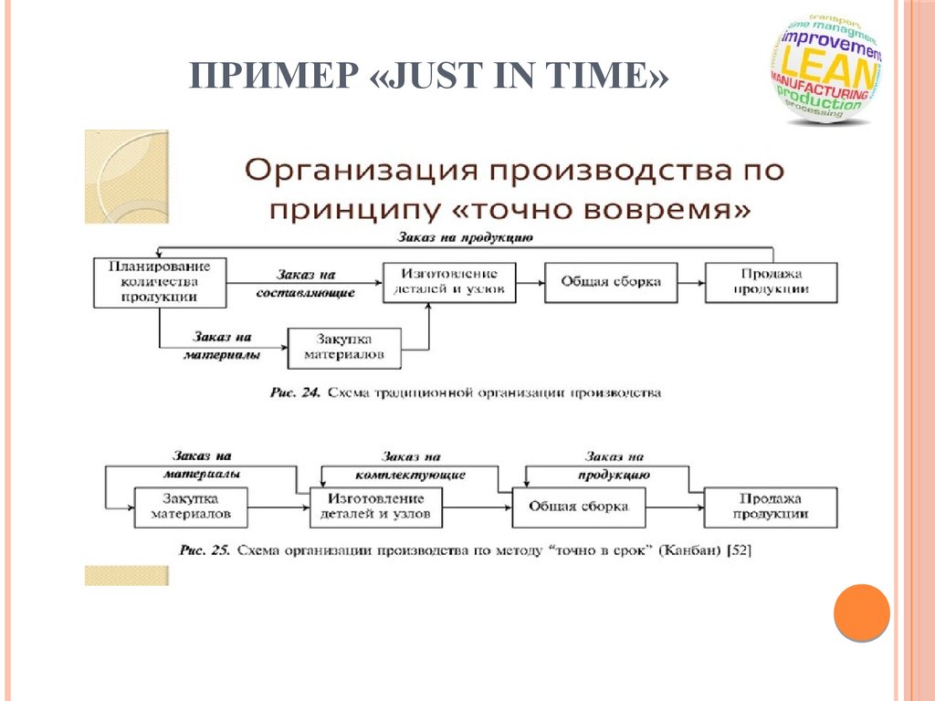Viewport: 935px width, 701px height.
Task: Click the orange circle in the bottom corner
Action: pos(861,612)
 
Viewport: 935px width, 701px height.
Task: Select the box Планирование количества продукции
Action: pos(160,282)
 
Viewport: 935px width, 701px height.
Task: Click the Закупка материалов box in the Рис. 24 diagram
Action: pos(343,348)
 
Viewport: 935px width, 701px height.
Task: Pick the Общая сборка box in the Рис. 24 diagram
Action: pos(610,282)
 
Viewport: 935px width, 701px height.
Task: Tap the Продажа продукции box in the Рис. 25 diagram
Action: pos(770,507)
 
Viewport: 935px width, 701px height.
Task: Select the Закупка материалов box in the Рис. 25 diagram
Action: pos(191,507)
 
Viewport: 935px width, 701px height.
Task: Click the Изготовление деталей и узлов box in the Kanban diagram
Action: pos(376,507)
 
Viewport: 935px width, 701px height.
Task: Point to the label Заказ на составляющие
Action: pos(305,283)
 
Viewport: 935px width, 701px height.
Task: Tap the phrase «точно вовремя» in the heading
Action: pos(603,209)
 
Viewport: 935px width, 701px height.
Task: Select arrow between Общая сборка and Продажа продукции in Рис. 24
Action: pos(690,282)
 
